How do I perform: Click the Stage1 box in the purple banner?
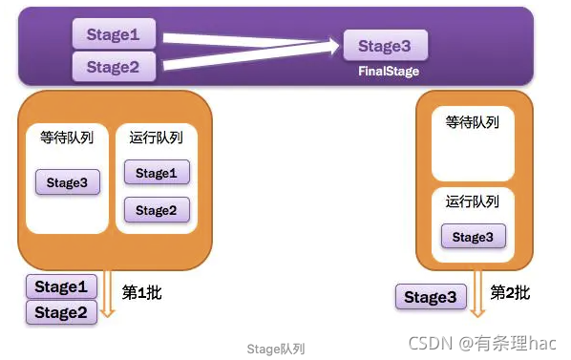tap(114, 35)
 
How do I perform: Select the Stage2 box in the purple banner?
tap(114, 67)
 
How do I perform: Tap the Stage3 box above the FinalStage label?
tap(386, 45)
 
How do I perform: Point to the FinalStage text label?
tap(388, 72)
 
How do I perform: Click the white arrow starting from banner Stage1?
tap(248, 40)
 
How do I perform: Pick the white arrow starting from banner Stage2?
tap(248, 57)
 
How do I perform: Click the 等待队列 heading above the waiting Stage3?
tap(68, 138)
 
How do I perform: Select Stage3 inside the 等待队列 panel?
tap(68, 181)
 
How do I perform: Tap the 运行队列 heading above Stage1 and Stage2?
tap(157, 138)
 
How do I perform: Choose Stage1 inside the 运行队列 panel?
tap(157, 173)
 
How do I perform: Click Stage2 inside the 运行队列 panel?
tap(157, 210)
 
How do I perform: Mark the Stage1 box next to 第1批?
tap(61, 286)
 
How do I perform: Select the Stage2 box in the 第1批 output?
tap(61, 311)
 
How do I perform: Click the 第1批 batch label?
tap(142, 292)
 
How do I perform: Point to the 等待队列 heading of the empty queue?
tap(473, 122)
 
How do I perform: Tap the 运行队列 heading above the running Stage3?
tap(473, 201)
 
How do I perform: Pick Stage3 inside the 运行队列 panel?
tap(473, 237)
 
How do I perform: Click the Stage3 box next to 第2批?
tap(431, 297)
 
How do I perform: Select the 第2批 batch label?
tap(510, 292)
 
